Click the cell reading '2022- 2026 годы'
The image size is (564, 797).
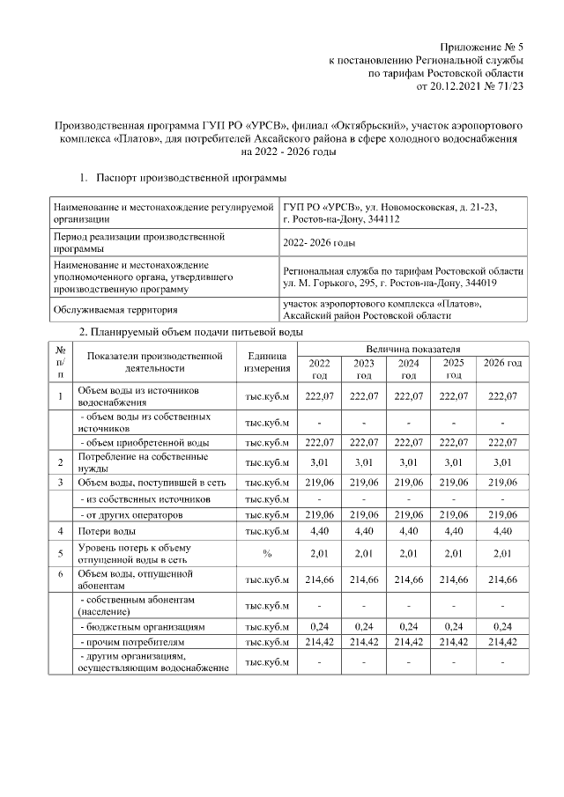tap(319, 242)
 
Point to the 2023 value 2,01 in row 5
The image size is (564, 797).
tap(364, 554)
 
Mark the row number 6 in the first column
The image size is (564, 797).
tap(60, 575)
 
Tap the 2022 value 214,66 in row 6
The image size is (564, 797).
tap(319, 580)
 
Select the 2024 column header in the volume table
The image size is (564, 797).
tap(409, 368)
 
